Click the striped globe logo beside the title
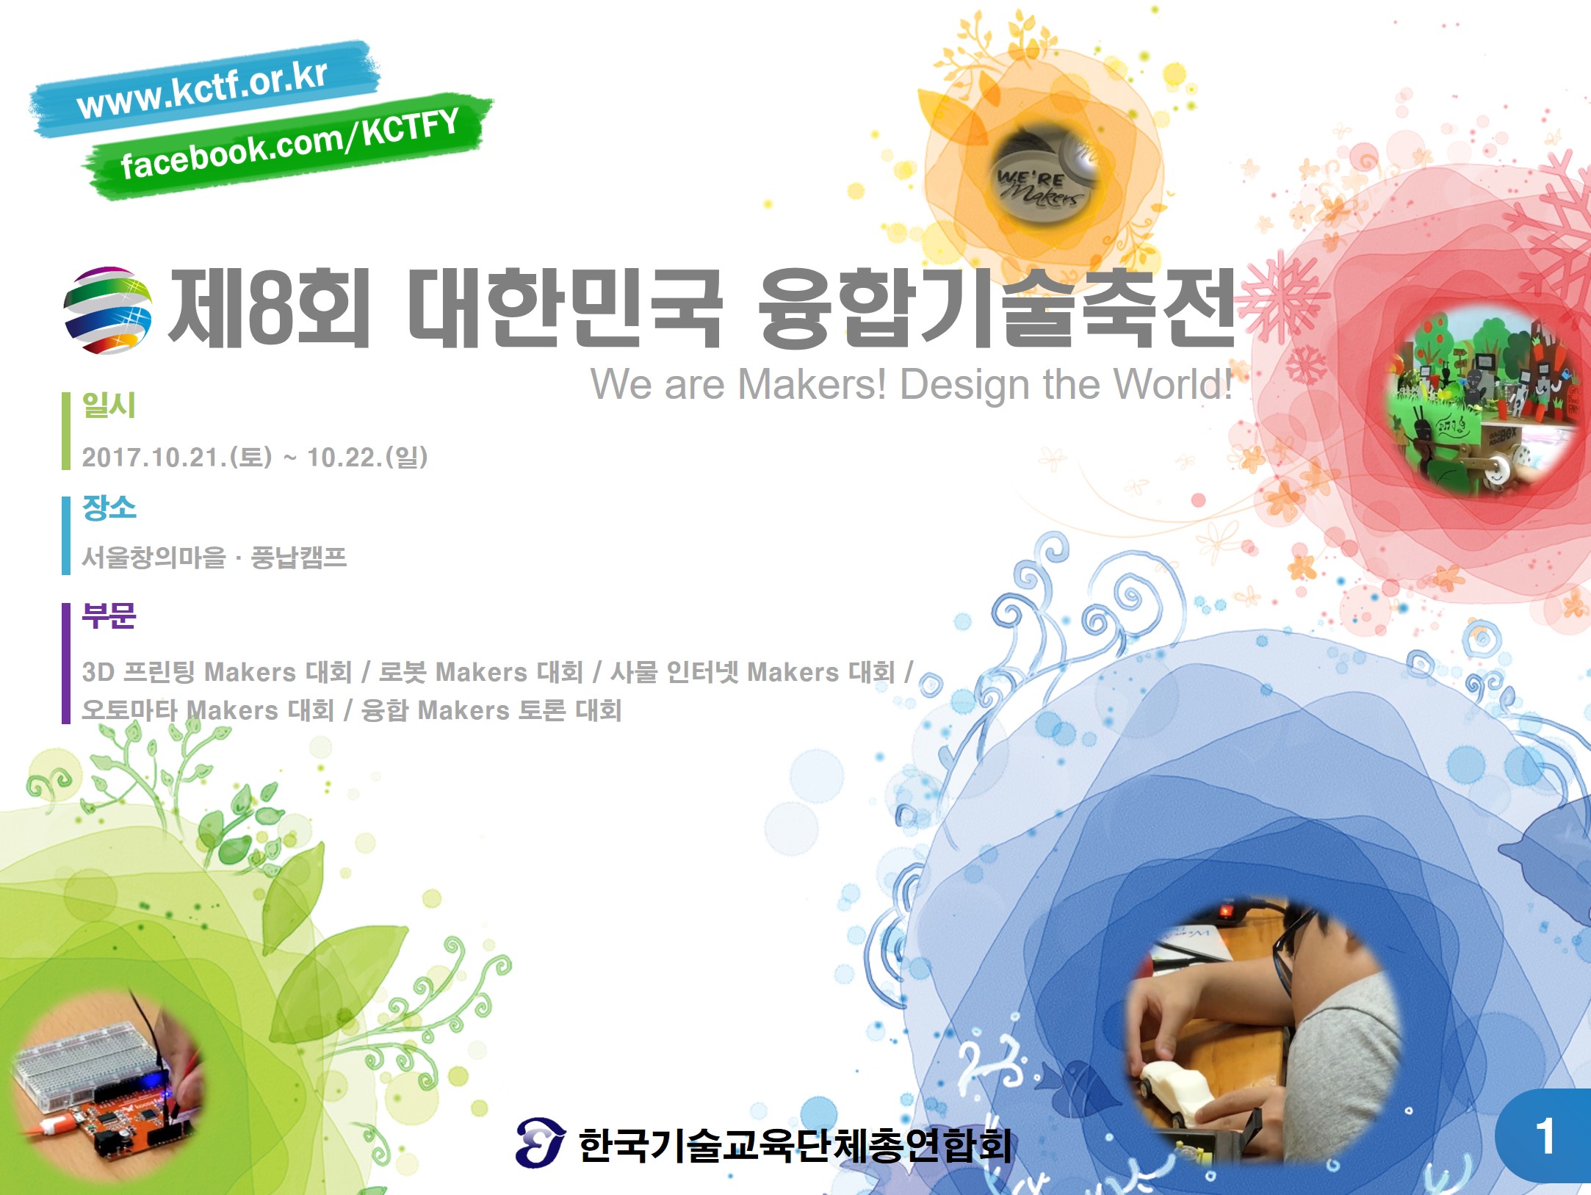tap(107, 310)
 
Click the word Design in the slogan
tap(964, 384)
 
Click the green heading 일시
tap(109, 405)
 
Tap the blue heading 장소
tap(109, 508)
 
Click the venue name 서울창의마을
tap(154, 557)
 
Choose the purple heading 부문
tap(109, 615)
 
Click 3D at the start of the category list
tap(97, 672)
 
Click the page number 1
tap(1545, 1136)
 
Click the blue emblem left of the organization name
tap(540, 1142)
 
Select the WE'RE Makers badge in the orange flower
tap(1042, 173)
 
